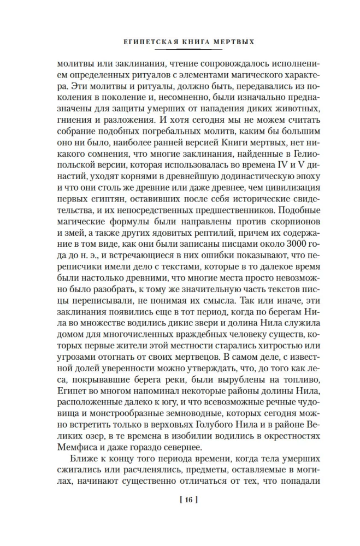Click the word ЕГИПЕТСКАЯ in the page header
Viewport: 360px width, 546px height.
click(x=139, y=40)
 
